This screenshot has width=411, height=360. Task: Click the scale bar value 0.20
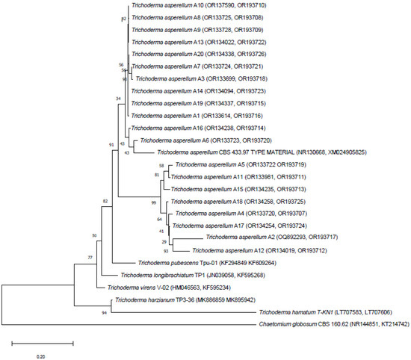tap(42, 356)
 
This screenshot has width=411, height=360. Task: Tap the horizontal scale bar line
tap(42, 345)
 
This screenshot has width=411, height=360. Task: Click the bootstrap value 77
tap(89, 257)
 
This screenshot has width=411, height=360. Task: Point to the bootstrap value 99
tap(154, 203)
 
